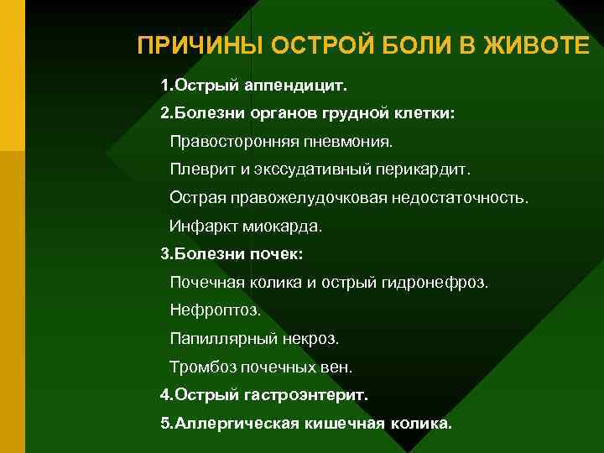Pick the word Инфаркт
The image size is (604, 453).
202,226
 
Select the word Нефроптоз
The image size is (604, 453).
215,310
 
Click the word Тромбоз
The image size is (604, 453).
202,367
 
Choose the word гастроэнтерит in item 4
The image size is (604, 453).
317,393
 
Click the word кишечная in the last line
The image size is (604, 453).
344,423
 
